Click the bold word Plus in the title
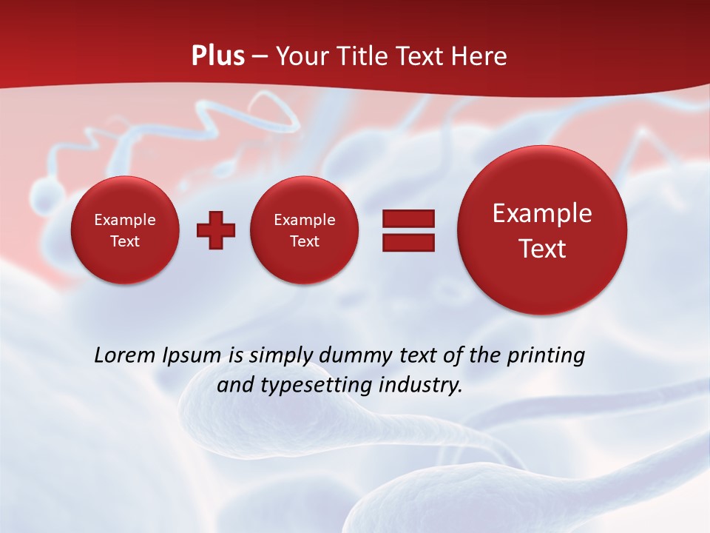click(217, 56)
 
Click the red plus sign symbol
click(216, 229)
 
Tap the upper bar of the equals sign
click(408, 218)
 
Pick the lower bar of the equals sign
click(408, 242)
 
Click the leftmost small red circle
click(125, 230)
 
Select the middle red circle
click(305, 230)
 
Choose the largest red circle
click(542, 230)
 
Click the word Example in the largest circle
click(542, 213)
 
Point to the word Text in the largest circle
click(542, 249)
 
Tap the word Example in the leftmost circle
click(125, 220)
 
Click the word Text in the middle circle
click(305, 241)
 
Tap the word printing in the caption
click(546, 356)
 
